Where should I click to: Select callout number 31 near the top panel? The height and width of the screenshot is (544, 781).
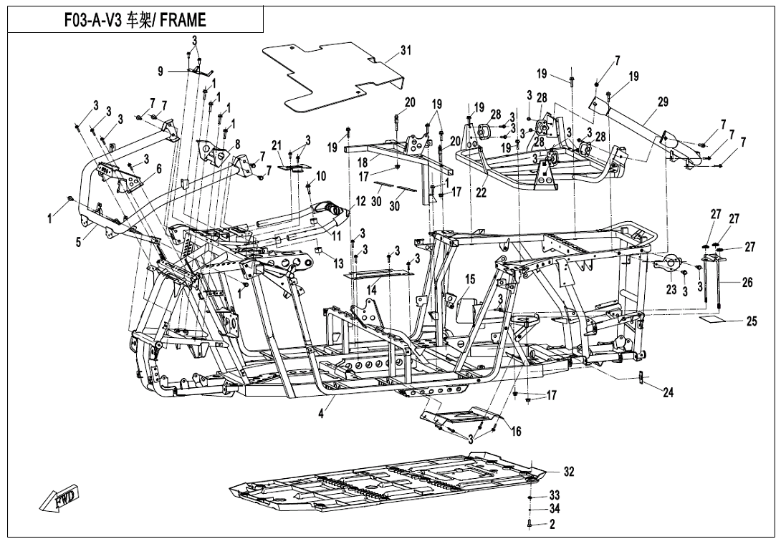406,50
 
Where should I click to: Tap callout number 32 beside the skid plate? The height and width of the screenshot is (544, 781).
568,472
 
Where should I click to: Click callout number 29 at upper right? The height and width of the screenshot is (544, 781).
662,102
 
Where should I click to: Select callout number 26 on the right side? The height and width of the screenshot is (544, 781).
747,283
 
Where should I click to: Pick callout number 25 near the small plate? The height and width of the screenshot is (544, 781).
751,322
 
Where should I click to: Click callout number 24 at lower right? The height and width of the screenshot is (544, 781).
668,392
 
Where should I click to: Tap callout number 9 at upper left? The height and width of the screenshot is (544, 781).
160,70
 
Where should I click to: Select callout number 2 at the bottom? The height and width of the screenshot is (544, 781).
552,525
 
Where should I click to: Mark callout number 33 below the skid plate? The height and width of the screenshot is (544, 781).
554,495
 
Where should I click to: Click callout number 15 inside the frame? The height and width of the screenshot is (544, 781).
470,279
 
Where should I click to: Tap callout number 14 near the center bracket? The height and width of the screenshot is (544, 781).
372,290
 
